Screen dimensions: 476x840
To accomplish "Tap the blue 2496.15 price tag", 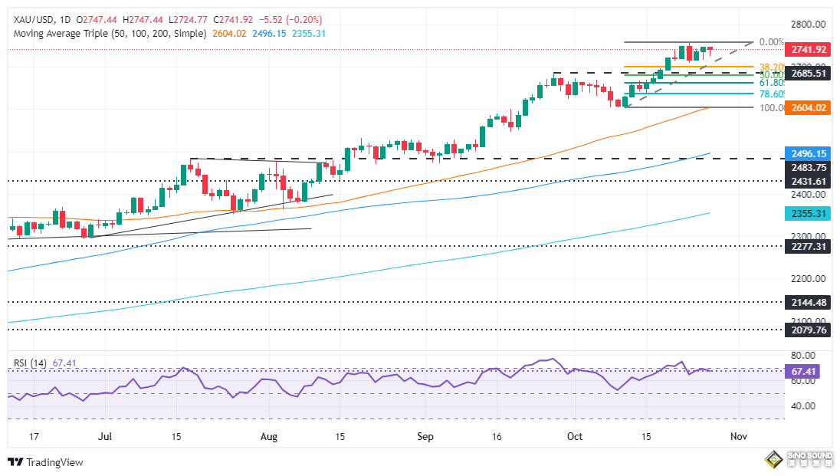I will [x=808, y=153].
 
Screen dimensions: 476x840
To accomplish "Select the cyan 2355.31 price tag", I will [x=808, y=214].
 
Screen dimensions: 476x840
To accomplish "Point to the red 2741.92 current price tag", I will [x=808, y=49].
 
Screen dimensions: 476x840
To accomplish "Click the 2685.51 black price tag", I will [x=808, y=74].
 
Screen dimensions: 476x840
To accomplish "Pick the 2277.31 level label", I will [x=808, y=247].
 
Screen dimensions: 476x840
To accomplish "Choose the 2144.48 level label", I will [x=808, y=302].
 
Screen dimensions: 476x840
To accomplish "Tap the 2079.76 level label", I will [x=808, y=330].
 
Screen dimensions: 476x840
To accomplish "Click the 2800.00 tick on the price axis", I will [x=808, y=25].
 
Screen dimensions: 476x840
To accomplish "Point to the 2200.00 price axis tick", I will [x=808, y=279].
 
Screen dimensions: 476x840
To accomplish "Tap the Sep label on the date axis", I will [x=426, y=436].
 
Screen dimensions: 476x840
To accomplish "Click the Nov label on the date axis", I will [x=738, y=436].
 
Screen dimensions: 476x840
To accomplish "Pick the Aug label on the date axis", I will [x=269, y=436].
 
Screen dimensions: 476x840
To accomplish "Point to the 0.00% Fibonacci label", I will [x=770, y=42].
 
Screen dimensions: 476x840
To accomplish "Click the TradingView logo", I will [x=46, y=462].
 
